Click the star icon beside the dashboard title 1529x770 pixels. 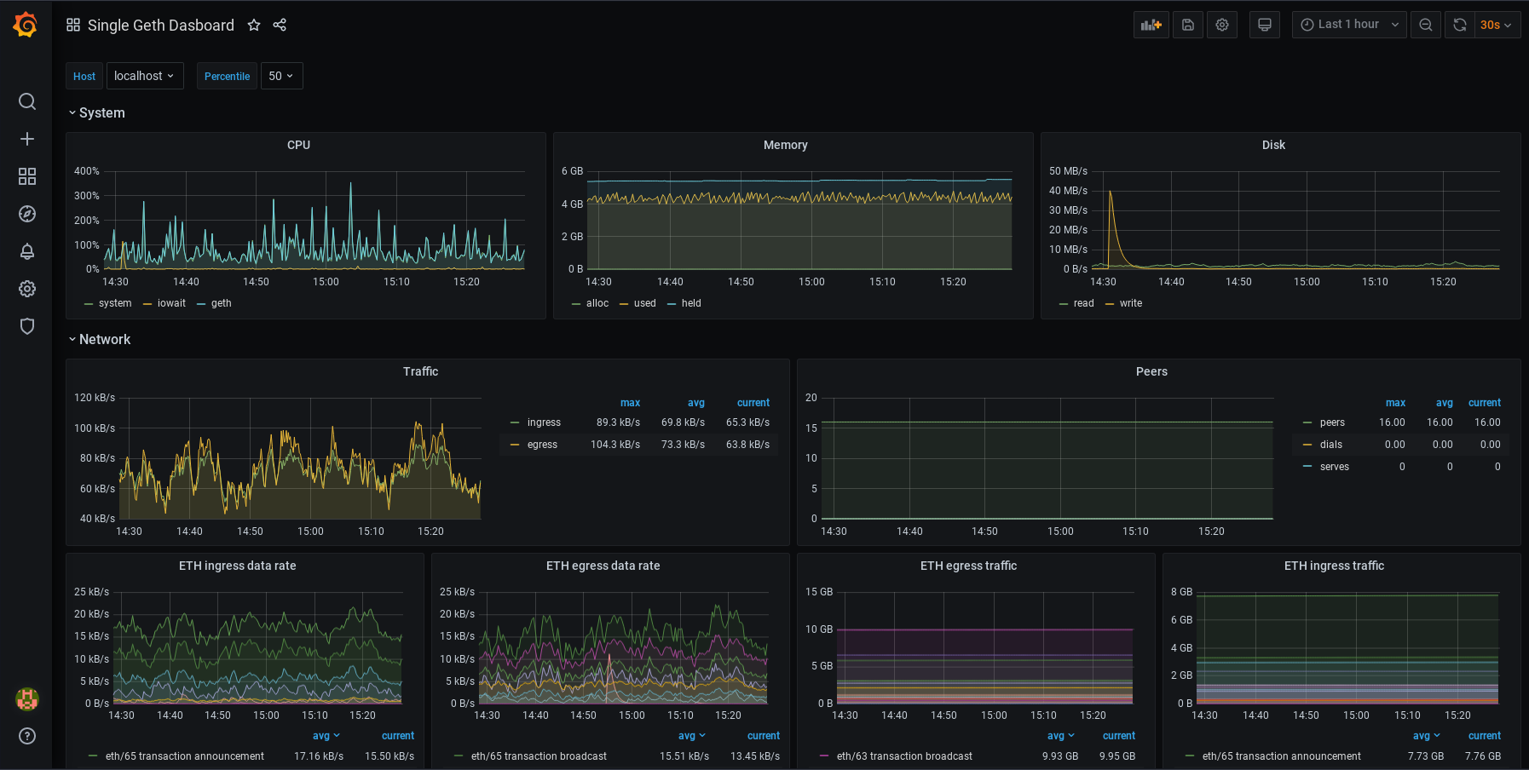(253, 26)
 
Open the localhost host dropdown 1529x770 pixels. (144, 76)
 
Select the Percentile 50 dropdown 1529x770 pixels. (281, 76)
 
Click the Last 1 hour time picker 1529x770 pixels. (1348, 25)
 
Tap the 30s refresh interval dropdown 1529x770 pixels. (1495, 25)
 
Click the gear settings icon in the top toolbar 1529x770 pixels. (1221, 25)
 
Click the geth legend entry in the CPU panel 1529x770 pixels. (221, 303)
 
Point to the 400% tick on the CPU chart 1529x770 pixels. (87, 171)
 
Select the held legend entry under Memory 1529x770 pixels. (690, 303)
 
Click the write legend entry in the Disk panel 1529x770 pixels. (1130, 303)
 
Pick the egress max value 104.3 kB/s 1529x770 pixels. (615, 445)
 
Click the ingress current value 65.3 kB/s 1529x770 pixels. (747, 422)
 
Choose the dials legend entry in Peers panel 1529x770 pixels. (1330, 445)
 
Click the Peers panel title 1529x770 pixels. (1151, 371)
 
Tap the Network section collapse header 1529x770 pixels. (104, 339)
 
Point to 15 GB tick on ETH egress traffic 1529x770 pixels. (818, 592)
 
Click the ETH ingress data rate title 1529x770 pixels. (237, 566)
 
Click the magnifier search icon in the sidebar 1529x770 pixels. (27, 101)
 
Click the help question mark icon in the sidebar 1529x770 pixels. (27, 736)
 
